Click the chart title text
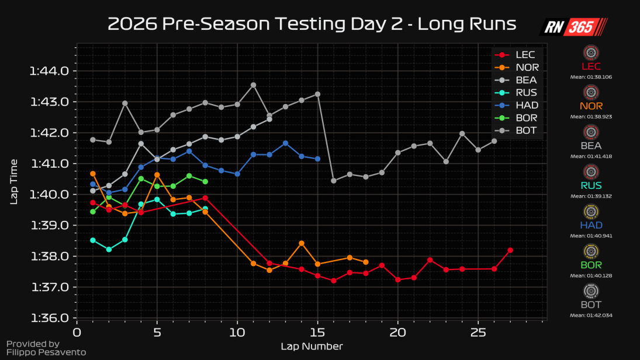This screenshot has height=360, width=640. pos(312,24)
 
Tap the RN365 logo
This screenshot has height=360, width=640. pos(573,27)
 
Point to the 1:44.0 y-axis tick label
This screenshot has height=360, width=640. pos(49,71)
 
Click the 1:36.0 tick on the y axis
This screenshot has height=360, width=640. pos(49,319)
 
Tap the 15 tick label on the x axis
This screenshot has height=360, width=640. pos(317,333)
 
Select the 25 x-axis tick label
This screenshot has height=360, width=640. pos(478,333)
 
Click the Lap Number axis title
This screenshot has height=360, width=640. pos(312,346)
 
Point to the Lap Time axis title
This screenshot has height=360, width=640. pos(14,181)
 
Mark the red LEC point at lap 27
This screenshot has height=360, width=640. pos(510,250)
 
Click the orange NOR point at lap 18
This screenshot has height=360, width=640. pos(366,262)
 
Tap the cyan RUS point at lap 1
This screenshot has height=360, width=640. pos(93,240)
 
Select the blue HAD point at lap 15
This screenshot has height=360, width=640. pos(317,159)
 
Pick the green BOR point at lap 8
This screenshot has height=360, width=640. pos(205,182)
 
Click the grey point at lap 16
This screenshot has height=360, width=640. pos(334,181)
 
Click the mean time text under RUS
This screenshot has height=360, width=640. pos(591,196)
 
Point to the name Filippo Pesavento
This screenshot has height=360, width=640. pos(46,352)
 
